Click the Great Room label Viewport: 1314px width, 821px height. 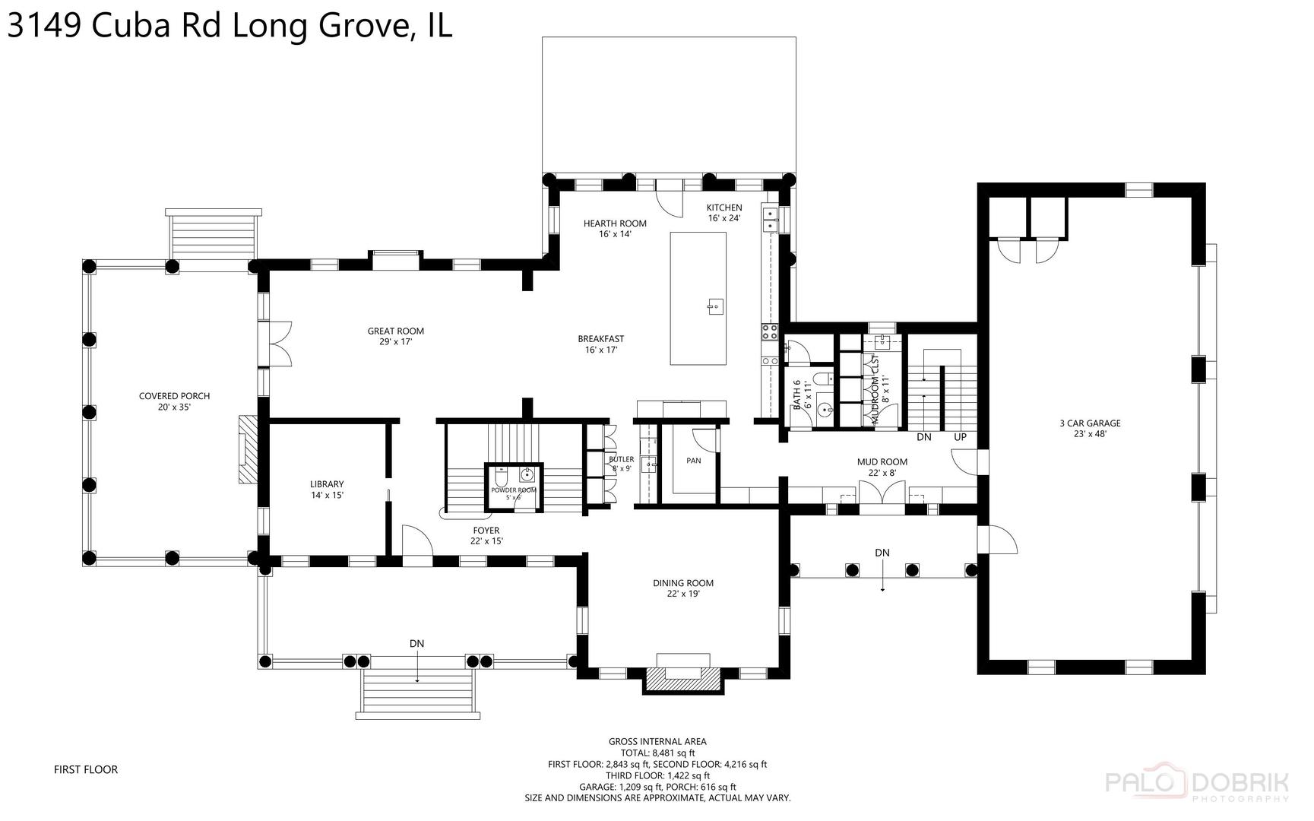click(x=395, y=336)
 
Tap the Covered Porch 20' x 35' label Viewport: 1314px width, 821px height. click(x=174, y=401)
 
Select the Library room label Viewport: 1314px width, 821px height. click(x=327, y=489)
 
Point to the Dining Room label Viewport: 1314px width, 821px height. click(x=682, y=588)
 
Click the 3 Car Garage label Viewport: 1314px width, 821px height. click(x=1090, y=429)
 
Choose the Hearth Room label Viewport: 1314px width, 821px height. click(x=615, y=228)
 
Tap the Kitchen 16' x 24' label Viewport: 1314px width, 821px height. click(x=723, y=213)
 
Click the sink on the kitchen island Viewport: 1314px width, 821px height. click(x=714, y=307)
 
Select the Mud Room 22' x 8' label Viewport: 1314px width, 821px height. click(x=882, y=467)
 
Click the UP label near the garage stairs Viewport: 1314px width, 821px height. click(x=960, y=437)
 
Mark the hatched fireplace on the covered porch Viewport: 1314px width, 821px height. click(x=248, y=449)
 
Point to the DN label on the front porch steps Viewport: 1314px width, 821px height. click(x=416, y=643)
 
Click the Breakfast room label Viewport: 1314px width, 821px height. click(x=600, y=344)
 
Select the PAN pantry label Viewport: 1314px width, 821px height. click(x=693, y=461)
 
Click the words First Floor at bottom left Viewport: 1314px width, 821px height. click(x=86, y=769)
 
